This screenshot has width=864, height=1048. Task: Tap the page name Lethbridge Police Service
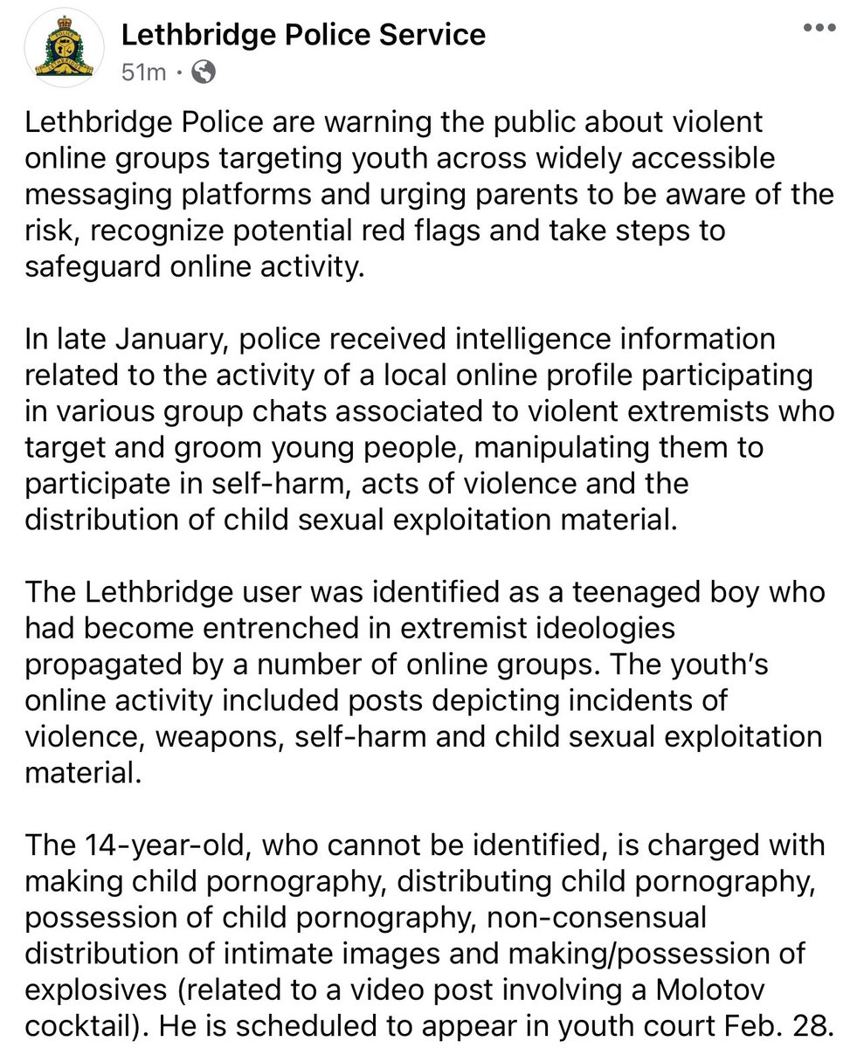coord(302,35)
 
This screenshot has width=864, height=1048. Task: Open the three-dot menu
coord(819,28)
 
